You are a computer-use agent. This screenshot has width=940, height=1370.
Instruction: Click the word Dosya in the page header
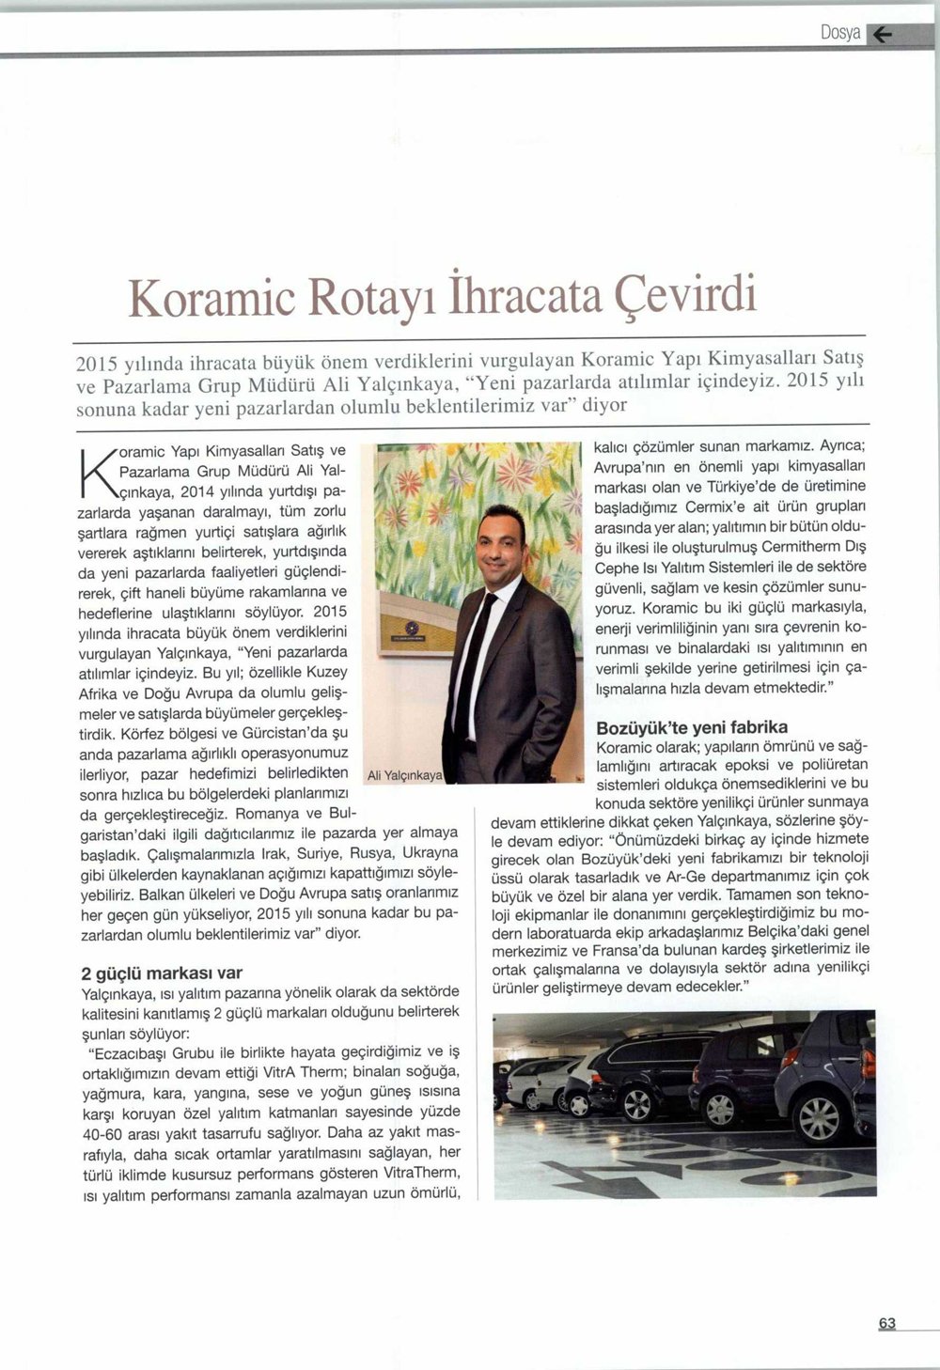tap(840, 33)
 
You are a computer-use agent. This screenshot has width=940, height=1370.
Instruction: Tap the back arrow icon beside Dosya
tap(884, 35)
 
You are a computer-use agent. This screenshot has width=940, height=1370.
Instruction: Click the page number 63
tap(887, 1324)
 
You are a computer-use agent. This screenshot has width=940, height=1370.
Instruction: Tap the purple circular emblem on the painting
tap(409, 627)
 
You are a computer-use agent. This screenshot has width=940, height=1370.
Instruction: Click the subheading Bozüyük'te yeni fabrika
tap(692, 727)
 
